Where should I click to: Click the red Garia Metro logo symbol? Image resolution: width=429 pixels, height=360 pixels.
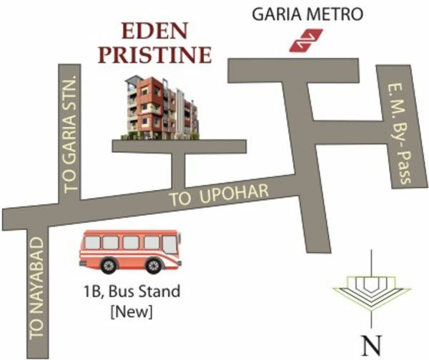[305, 41]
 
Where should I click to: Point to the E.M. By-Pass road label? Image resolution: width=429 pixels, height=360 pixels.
[397, 131]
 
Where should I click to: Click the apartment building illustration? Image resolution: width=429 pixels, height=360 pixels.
[160, 107]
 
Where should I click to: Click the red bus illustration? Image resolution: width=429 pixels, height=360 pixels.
[130, 251]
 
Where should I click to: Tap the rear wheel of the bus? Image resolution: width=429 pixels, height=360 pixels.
[108, 266]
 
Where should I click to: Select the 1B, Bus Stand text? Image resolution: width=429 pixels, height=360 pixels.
[129, 292]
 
